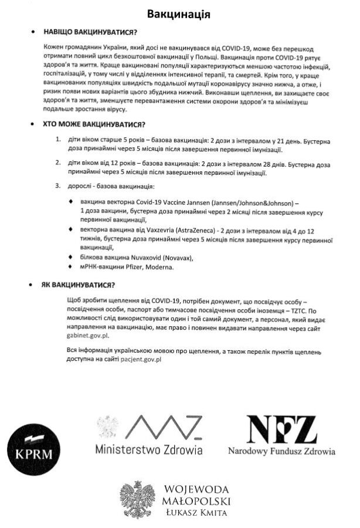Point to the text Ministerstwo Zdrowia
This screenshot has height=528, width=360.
click(x=149, y=451)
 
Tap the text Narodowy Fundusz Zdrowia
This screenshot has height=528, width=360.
click(x=281, y=452)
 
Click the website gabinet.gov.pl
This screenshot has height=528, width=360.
click(x=89, y=336)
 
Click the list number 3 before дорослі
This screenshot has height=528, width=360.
click(x=57, y=187)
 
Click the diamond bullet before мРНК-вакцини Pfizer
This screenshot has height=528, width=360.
click(x=71, y=267)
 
